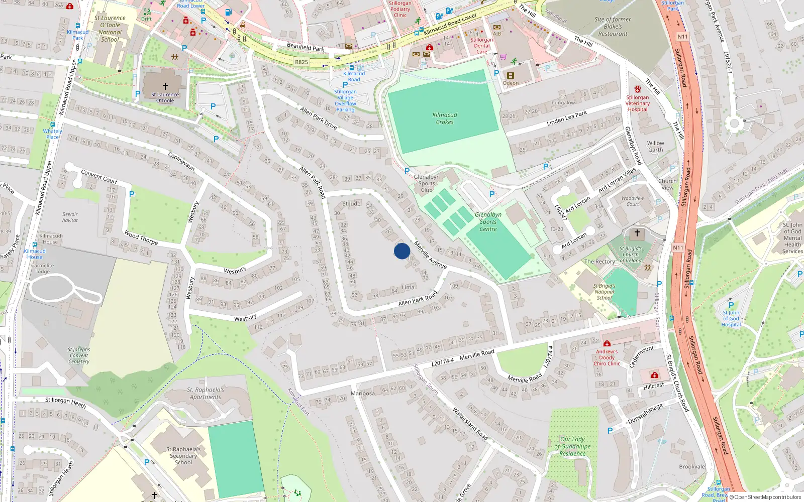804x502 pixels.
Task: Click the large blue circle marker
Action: tap(402, 251)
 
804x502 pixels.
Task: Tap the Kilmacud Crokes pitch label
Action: tap(445, 118)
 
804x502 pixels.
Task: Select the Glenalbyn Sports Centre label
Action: tap(488, 221)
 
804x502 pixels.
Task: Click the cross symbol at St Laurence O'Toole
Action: tap(165, 86)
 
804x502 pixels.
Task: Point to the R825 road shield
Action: tap(301, 62)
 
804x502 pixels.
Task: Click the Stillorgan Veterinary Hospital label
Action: tap(637, 103)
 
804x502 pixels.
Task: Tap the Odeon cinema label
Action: tap(511, 83)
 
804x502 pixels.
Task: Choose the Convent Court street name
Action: tap(99, 176)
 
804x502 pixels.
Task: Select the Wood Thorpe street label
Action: tap(141, 237)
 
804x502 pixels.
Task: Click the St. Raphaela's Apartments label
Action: tap(205, 393)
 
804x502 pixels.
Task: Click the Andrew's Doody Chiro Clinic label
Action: tap(607, 357)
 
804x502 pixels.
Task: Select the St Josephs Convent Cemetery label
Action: tap(79, 355)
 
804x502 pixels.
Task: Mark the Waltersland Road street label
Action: tap(470, 423)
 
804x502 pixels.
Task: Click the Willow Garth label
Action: tap(655, 146)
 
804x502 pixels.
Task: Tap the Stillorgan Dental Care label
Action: tap(481, 46)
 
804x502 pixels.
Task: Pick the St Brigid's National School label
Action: tap(604, 292)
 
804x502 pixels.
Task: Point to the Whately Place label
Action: tap(52, 134)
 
